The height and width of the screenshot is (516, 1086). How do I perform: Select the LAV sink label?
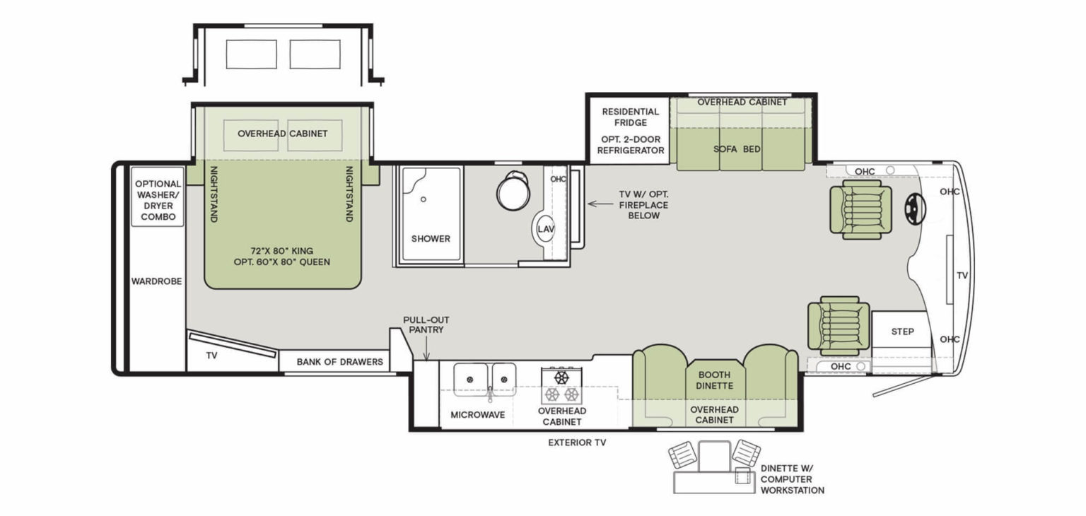tap(546, 229)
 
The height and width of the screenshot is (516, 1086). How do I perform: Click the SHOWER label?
tap(431, 238)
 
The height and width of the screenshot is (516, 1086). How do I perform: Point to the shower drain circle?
tap(424, 199)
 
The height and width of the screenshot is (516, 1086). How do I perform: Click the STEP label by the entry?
tap(902, 332)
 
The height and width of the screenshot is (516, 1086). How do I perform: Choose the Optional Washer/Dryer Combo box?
tap(158, 197)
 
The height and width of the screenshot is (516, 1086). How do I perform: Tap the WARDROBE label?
tap(156, 281)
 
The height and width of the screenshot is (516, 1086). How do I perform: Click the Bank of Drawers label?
tap(340, 362)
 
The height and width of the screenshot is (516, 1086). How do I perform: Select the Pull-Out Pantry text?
tap(426, 324)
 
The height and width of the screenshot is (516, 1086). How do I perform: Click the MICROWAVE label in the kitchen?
tap(477, 415)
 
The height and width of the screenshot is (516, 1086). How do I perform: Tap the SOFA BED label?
tap(737, 149)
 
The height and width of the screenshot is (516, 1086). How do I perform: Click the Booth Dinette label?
tap(714, 380)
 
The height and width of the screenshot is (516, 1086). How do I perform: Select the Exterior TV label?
tap(577, 442)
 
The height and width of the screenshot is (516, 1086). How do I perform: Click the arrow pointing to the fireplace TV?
tap(601, 204)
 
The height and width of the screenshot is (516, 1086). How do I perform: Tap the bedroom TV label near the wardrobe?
tap(211, 356)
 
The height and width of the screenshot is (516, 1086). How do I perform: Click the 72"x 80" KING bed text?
tap(281, 251)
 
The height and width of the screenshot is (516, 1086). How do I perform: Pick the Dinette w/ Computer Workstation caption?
tap(792, 479)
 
